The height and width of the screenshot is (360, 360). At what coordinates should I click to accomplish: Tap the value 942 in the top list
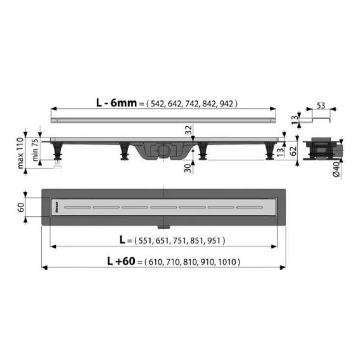pyautogui.click(x=227, y=104)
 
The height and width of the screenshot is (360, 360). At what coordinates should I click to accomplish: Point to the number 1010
pyautogui.click(x=229, y=262)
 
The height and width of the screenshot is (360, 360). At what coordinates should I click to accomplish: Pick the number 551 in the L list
pyautogui.click(x=146, y=241)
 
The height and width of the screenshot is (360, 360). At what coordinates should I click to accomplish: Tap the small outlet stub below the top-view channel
pyautogui.click(x=163, y=226)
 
